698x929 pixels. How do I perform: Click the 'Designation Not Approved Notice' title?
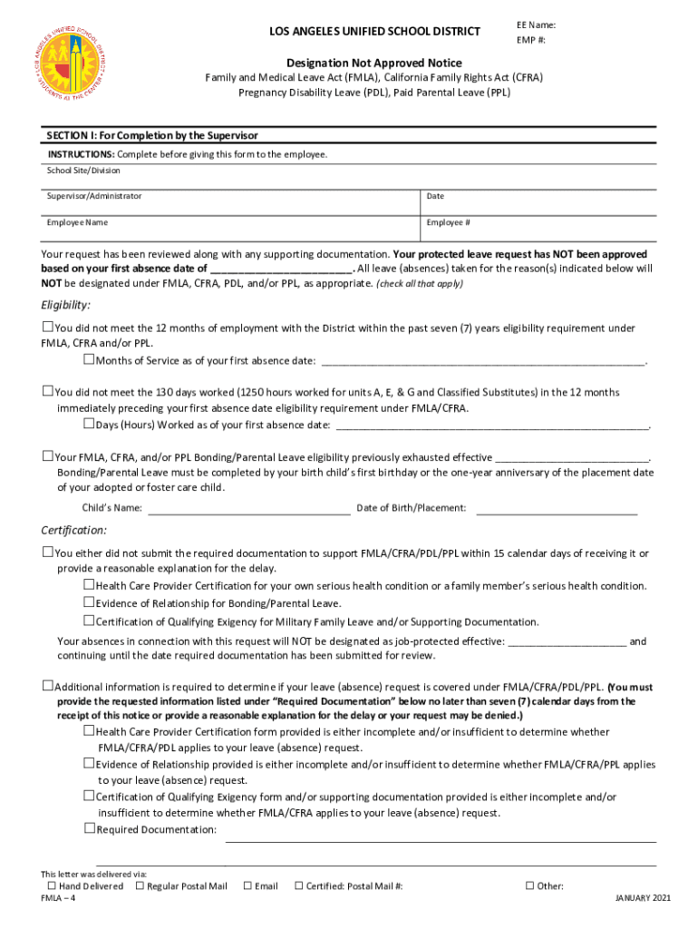[373, 63]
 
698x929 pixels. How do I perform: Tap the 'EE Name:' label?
[537, 25]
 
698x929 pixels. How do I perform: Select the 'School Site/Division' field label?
[83, 171]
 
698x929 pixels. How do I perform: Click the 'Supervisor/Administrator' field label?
[94, 196]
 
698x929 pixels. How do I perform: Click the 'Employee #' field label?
[448, 222]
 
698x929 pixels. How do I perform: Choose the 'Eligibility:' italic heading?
[65, 305]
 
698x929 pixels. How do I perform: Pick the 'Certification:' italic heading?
[73, 530]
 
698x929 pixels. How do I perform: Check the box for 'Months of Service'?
[89, 360]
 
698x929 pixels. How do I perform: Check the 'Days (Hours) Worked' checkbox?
[89, 424]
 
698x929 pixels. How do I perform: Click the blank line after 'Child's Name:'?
[248, 509]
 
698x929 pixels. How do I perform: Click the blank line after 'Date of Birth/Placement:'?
[556, 509]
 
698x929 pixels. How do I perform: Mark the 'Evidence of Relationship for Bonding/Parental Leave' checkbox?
[89, 602]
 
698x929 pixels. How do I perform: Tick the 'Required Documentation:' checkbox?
[89, 828]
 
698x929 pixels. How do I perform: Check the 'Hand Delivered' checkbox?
[52, 885]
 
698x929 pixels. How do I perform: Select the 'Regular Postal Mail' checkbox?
[140, 885]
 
